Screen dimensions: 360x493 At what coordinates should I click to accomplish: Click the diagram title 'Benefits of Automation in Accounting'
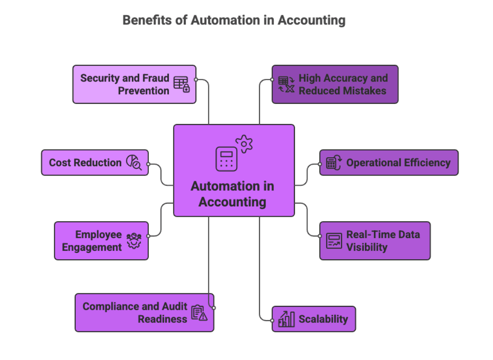[234, 21]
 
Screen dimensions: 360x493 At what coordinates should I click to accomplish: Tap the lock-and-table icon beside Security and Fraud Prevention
[182, 84]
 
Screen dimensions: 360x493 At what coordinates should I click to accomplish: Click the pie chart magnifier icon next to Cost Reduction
[134, 162]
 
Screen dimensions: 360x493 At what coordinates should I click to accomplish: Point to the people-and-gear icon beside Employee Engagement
[134, 241]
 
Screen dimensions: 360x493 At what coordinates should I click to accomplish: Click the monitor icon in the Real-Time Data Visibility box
[334, 241]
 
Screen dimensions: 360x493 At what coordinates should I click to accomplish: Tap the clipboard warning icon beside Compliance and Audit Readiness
[199, 313]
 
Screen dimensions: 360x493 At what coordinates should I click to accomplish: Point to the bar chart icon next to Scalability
[286, 319]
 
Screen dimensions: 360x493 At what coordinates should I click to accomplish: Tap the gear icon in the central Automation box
[244, 144]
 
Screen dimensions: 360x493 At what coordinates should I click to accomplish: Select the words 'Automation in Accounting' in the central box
[232, 194]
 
